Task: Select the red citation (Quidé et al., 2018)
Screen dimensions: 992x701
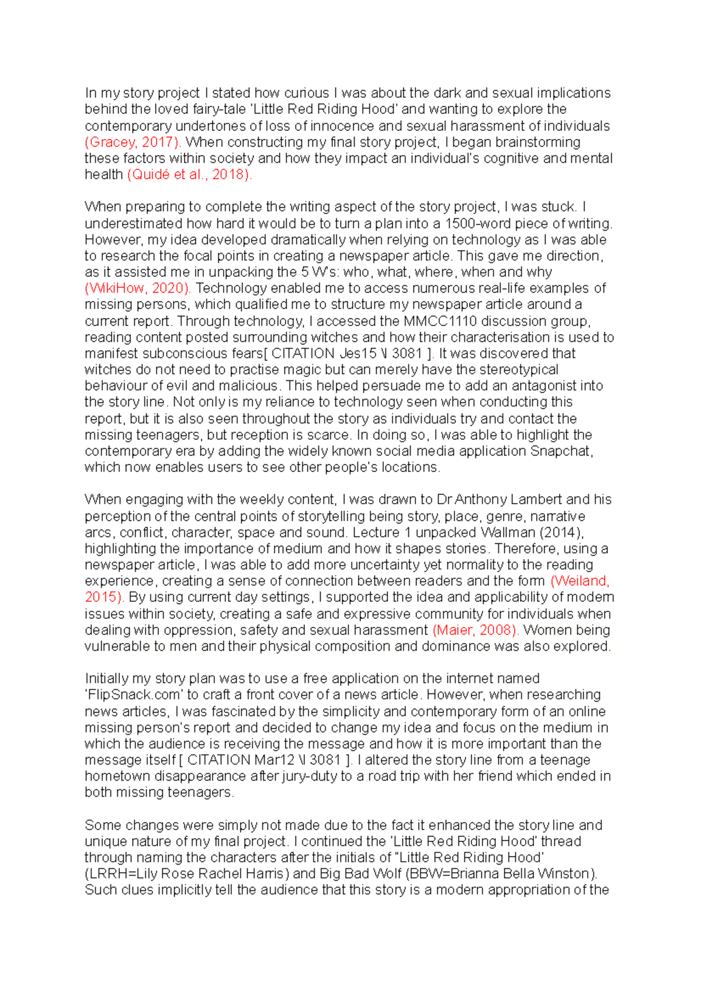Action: [189, 175]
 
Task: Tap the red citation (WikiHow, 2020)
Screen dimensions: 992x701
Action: [138, 288]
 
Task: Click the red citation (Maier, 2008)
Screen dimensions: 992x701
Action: [476, 630]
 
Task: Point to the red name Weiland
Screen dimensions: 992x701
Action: [580, 581]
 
